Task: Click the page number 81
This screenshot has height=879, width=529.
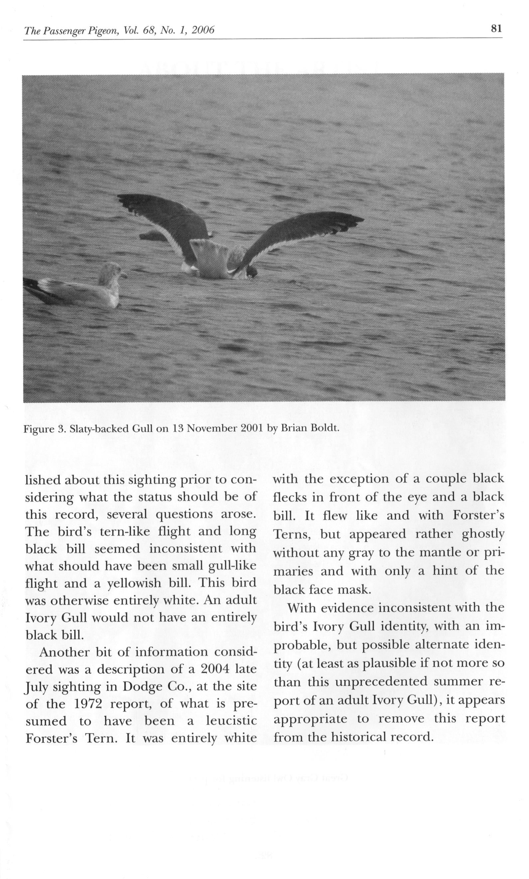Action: point(496,29)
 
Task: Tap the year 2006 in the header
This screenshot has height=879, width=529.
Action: point(203,30)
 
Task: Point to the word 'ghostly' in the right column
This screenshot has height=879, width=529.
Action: point(483,534)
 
